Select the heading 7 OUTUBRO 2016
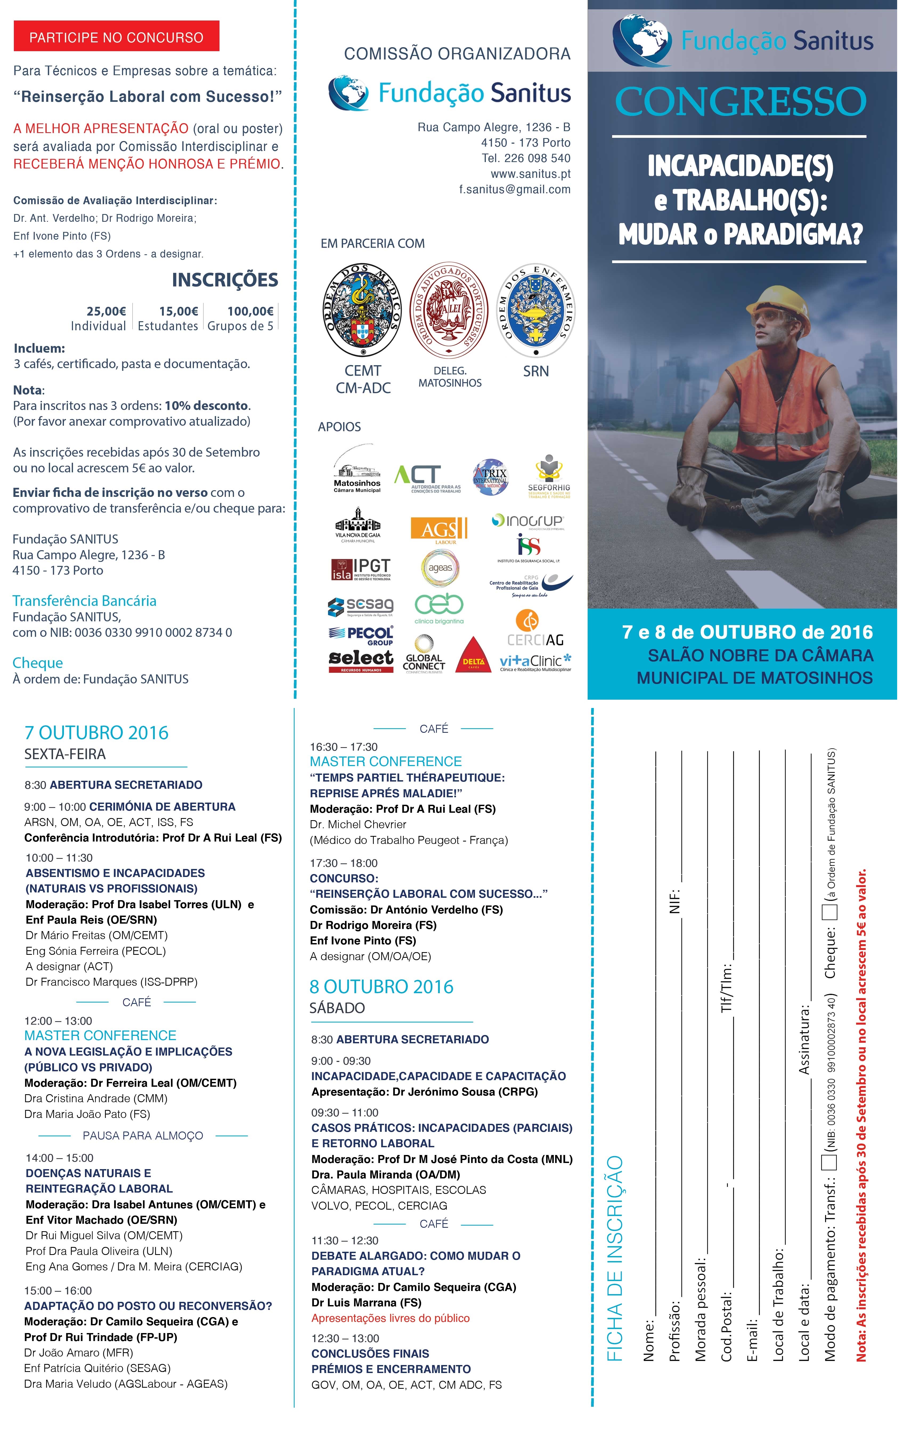pos(96,733)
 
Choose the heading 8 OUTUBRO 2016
pos(381,987)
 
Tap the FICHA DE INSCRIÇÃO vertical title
pos(614,1258)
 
